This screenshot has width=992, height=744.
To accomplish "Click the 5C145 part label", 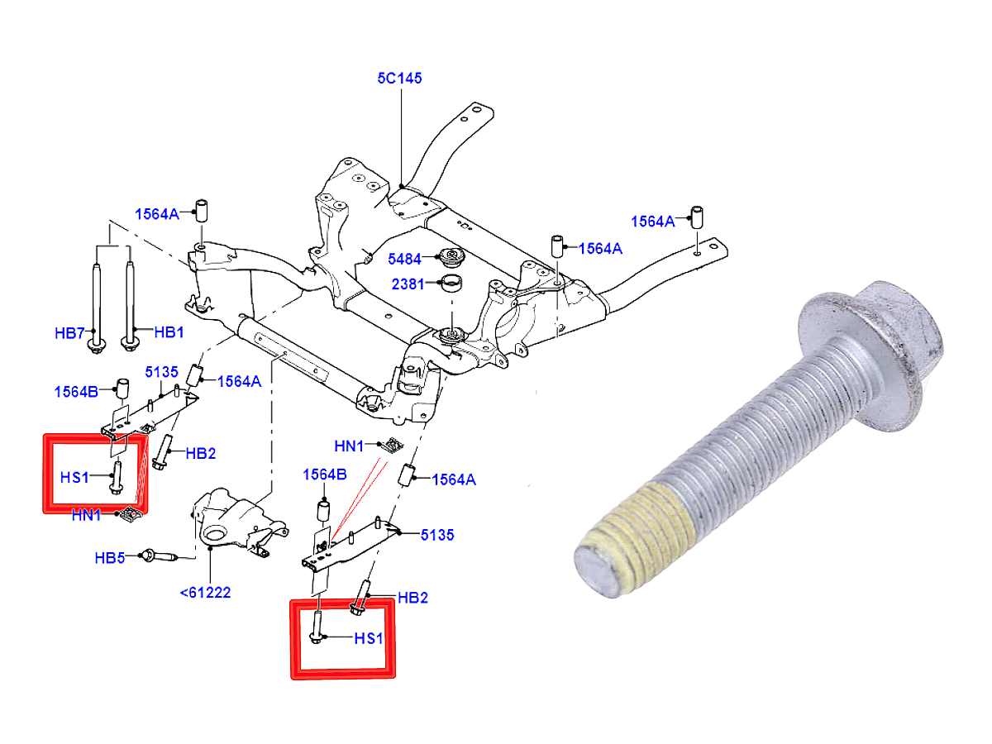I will (x=400, y=79).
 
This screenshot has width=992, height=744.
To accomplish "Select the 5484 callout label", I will (x=405, y=259).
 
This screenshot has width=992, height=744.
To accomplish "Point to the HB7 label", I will (x=70, y=333).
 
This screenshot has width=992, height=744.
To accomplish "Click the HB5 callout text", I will (x=110, y=558).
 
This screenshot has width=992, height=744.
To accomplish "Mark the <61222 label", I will (x=205, y=592).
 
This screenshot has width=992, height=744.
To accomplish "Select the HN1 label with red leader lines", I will (x=349, y=446).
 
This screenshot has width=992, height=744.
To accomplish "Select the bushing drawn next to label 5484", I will (x=452, y=256).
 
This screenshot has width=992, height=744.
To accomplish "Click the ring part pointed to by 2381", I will (x=451, y=284).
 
